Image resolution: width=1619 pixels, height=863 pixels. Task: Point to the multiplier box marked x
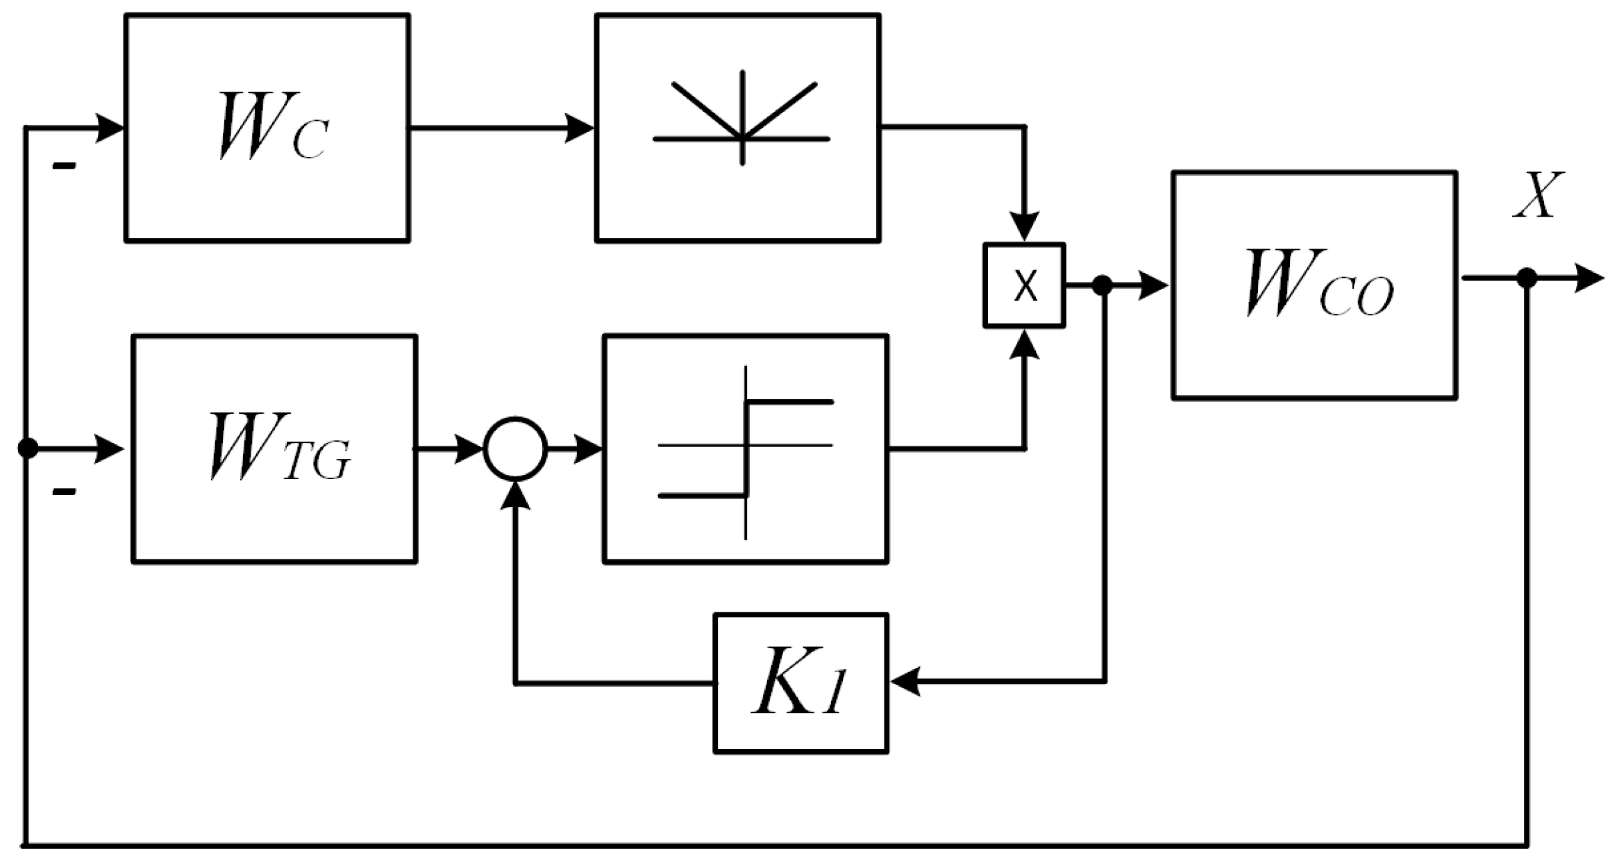pos(1025,285)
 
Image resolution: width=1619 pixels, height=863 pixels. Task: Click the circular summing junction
pos(515,449)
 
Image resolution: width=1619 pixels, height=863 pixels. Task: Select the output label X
pos(1538,195)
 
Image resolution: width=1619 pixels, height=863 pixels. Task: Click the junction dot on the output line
pos(1527,278)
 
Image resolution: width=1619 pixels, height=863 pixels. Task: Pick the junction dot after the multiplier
pos(1102,285)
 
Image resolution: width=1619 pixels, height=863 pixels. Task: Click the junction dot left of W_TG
pos(28,449)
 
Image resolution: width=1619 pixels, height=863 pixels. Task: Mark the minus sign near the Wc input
pos(64,166)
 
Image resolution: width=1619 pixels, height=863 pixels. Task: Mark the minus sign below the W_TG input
pos(64,492)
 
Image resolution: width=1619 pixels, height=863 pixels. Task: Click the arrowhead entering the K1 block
pos(905,681)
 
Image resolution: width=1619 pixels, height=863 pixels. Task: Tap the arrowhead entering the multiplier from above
pos(1025,226)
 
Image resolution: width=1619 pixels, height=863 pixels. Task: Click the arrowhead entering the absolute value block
pos(579,128)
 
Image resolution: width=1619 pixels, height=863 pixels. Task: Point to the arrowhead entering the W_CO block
pos(1153,285)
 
